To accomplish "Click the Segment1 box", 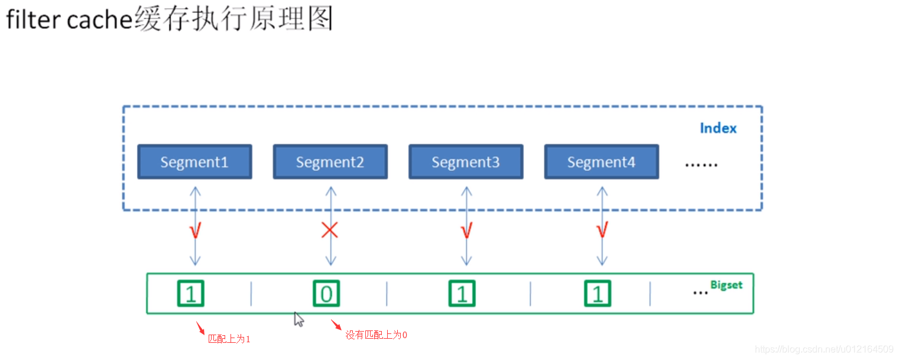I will [194, 162].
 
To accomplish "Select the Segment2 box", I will [330, 162].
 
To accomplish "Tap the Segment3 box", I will [466, 162].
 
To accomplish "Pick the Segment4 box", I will [601, 162].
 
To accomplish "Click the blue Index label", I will [718, 128].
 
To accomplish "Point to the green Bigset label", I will [726, 285].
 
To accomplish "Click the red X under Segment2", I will [330, 230].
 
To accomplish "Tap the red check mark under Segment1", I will [195, 231].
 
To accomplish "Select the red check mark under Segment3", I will [466, 231].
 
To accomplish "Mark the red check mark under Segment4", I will [602, 231].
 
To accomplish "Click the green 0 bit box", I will [326, 293].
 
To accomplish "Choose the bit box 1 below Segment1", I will [190, 293].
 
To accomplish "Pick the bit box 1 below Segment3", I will [462, 293].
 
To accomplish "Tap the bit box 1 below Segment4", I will [598, 293].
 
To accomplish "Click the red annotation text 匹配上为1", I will [229, 339].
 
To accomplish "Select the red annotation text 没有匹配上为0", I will [377, 335].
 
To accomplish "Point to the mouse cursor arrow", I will [298, 319].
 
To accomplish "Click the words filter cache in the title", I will [69, 20].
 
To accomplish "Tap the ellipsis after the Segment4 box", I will [701, 165].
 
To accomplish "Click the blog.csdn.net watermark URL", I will [824, 349].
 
